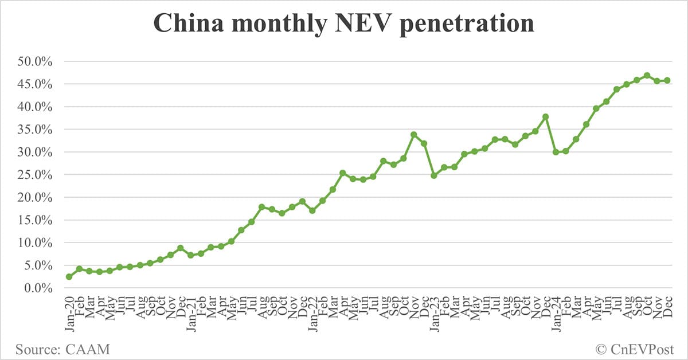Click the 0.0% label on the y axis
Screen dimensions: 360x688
[42, 288]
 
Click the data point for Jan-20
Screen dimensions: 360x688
[69, 276]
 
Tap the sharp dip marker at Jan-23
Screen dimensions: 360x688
[434, 175]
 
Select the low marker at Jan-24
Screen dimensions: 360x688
[556, 152]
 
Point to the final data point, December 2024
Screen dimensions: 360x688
[667, 80]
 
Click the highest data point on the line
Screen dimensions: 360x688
[647, 75]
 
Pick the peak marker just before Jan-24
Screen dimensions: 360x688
[545, 116]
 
